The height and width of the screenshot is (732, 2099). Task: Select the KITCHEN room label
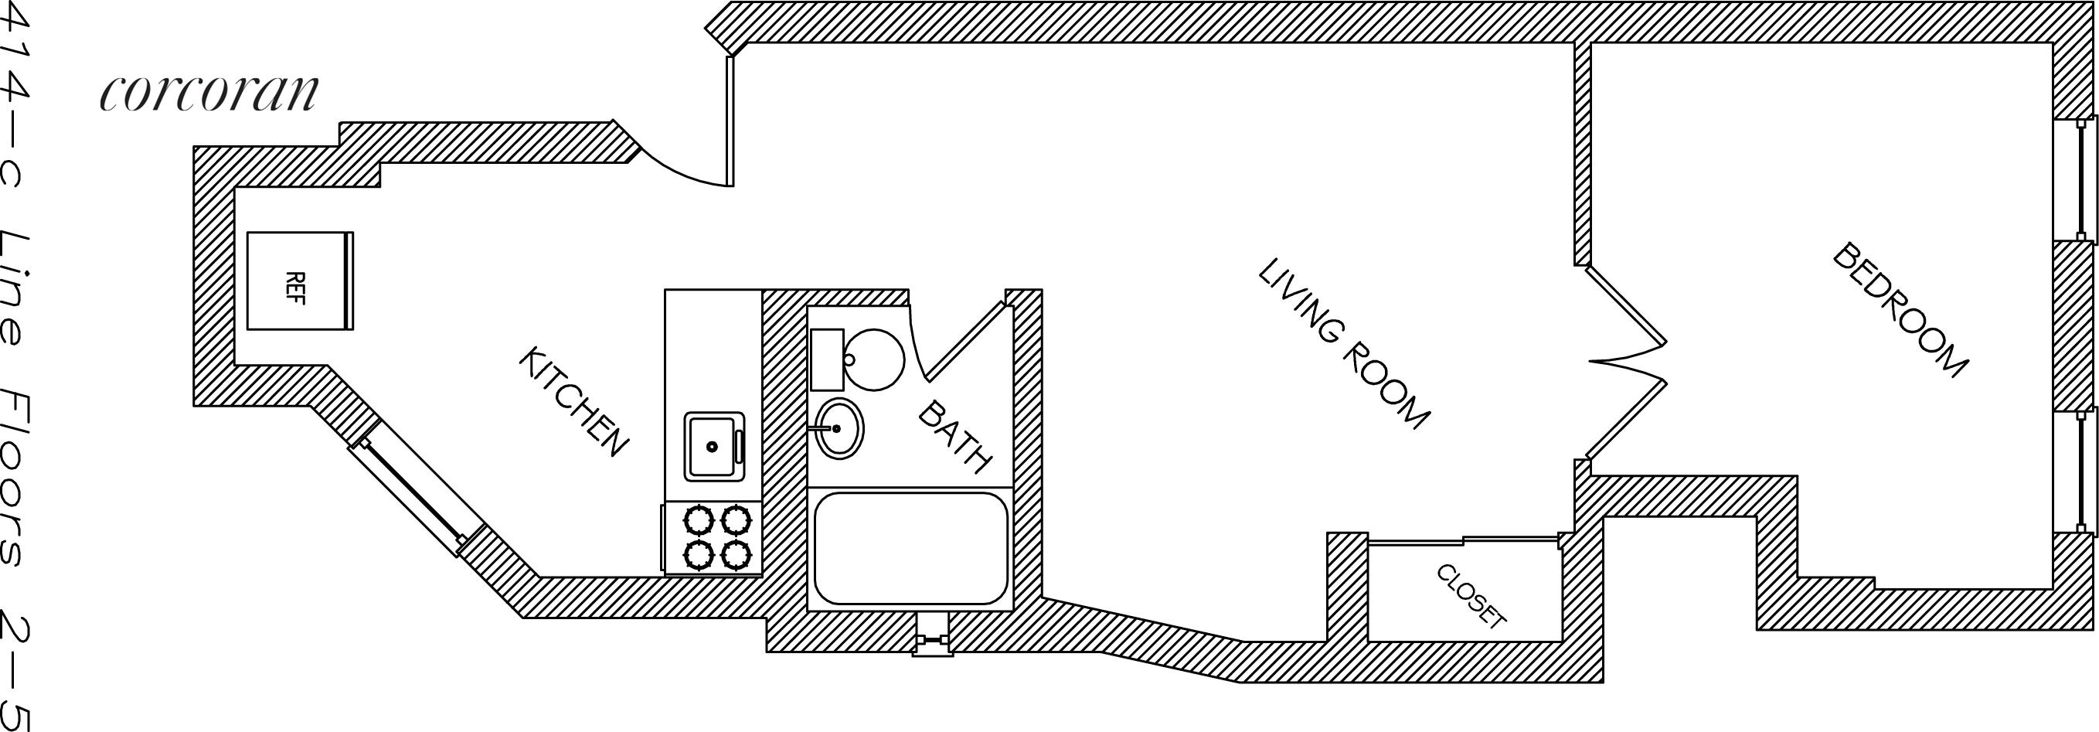[573, 401]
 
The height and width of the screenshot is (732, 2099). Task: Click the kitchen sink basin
[713, 446]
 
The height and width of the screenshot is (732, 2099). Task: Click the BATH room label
[955, 437]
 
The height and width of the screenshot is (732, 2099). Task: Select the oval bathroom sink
[839, 428]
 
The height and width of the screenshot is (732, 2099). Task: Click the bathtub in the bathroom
[910, 548]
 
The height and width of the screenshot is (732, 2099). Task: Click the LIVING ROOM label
[1343, 344]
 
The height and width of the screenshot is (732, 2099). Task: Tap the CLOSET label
[1471, 596]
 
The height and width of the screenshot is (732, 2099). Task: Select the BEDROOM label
[1900, 310]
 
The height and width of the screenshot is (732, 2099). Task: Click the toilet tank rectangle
[827, 359]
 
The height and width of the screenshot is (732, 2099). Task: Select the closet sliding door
[1463, 540]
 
